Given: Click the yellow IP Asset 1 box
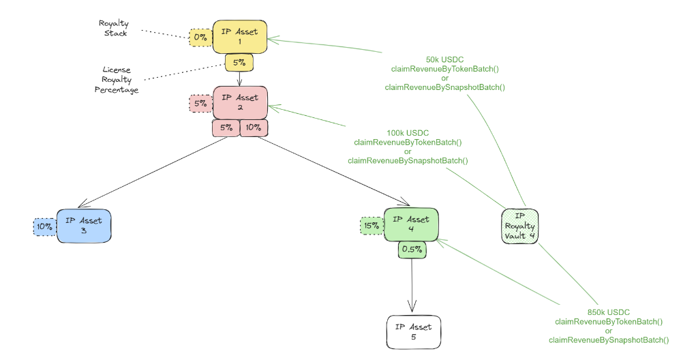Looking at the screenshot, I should point(240,37).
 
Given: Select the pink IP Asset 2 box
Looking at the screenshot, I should point(240,103).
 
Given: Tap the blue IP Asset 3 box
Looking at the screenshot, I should point(84,226).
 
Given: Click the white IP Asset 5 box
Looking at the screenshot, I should point(414,332).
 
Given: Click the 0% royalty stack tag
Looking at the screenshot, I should point(200,37).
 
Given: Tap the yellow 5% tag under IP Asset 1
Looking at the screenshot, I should point(239,63).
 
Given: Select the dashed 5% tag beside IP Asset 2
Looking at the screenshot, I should point(200,104).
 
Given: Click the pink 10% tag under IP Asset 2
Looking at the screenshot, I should point(254,127).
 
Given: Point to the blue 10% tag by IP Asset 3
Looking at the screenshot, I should point(44,226).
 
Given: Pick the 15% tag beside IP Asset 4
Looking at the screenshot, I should point(372,225).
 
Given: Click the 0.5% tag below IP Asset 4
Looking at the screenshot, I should point(412,250).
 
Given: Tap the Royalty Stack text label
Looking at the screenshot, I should point(113,27).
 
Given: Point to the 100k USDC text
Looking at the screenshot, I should point(408,133).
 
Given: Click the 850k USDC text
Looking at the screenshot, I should point(609,312).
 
